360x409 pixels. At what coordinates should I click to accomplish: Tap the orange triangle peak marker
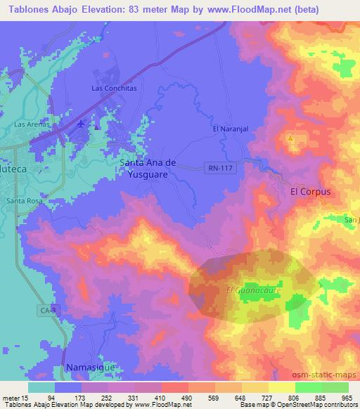tap(290, 138)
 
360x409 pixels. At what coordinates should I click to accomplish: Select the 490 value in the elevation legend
tap(186, 398)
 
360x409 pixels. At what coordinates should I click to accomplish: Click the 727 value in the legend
tap(266, 398)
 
